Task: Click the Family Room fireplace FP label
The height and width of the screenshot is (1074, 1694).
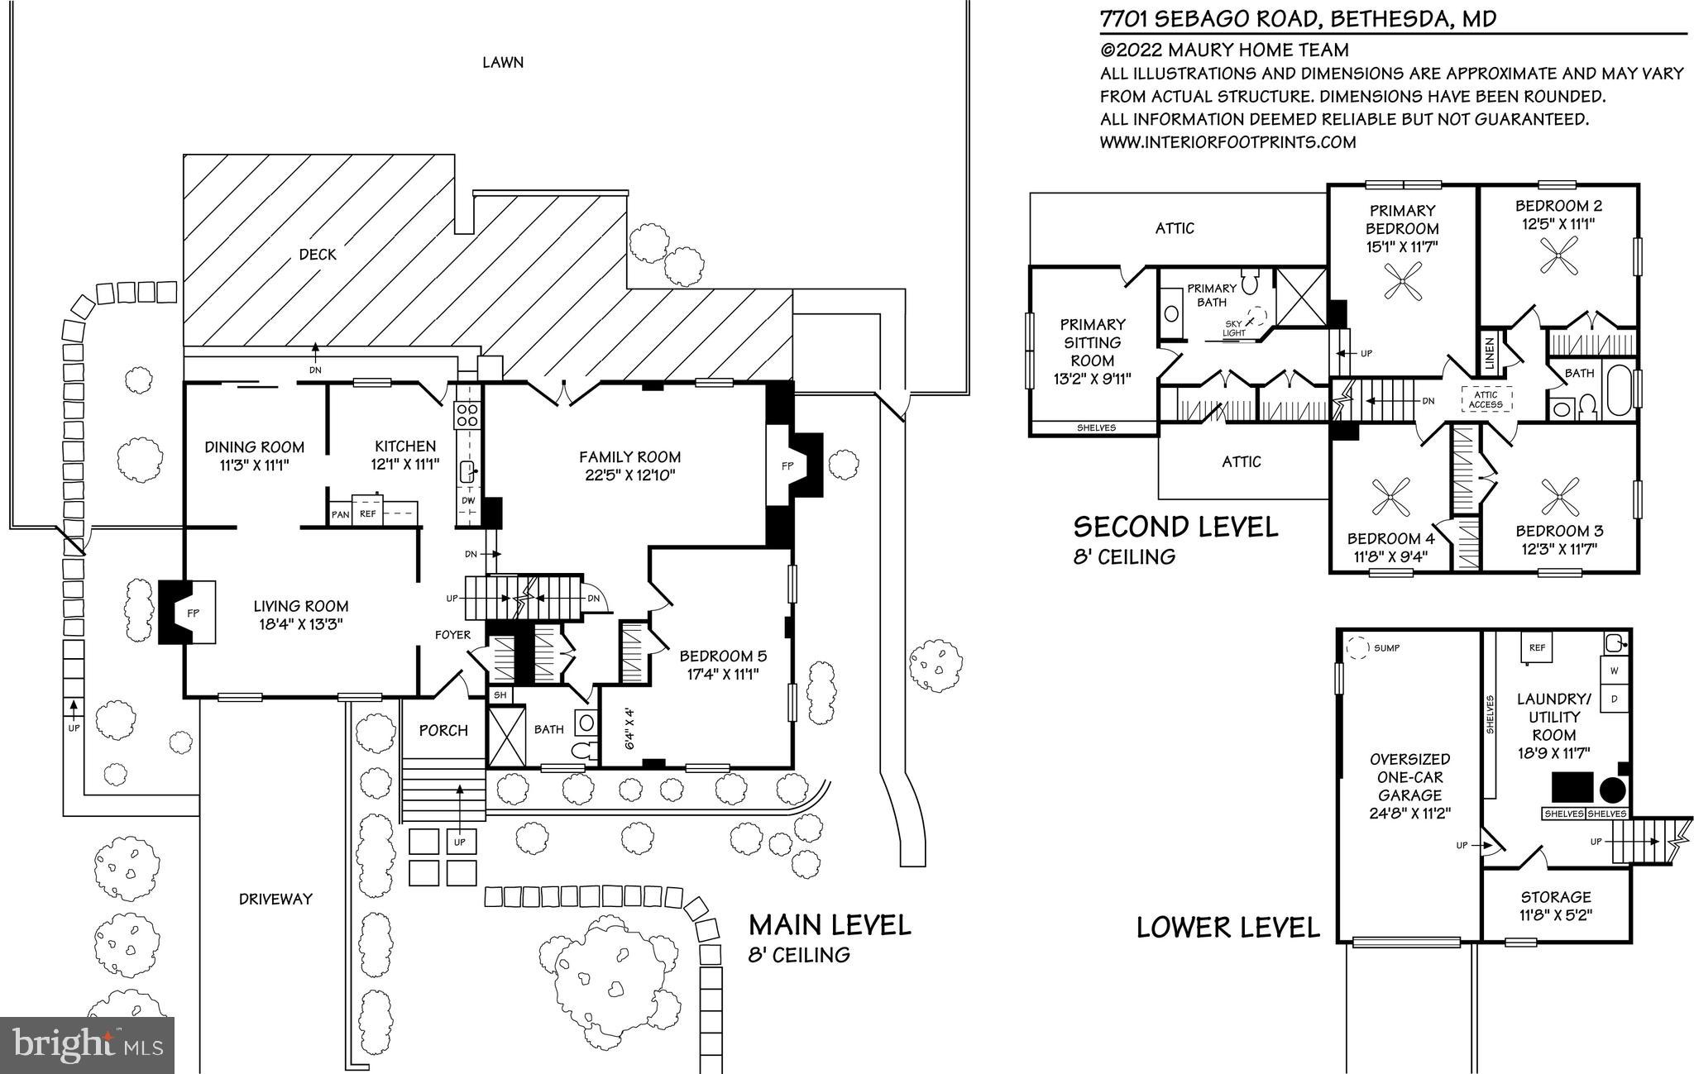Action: [x=787, y=466]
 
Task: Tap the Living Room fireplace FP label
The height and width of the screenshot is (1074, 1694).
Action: [x=193, y=613]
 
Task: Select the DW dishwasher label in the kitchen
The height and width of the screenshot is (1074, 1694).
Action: [x=468, y=500]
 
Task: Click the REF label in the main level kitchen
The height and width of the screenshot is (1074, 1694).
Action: [x=368, y=514]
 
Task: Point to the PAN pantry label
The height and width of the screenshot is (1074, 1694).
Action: [x=340, y=514]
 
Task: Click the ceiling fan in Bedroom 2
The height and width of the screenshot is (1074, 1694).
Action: [x=1558, y=255]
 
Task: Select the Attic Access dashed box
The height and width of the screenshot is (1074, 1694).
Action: [x=1486, y=400]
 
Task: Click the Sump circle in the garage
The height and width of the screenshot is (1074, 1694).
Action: [x=1357, y=648]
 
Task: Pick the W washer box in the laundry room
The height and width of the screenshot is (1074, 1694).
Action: [x=1614, y=671]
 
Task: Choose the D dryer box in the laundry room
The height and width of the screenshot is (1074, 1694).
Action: [x=1614, y=699]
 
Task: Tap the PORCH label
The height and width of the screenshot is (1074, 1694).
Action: [x=443, y=731]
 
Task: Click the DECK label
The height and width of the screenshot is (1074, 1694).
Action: [x=318, y=255]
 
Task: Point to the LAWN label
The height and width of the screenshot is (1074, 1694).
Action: [x=503, y=62]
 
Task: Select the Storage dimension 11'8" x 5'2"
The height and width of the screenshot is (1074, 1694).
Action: [x=1556, y=915]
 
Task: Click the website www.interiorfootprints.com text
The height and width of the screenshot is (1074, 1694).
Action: [x=1227, y=142]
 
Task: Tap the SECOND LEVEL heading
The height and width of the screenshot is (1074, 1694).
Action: [x=1175, y=527]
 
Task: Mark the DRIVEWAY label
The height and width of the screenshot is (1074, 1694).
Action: [x=275, y=899]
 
